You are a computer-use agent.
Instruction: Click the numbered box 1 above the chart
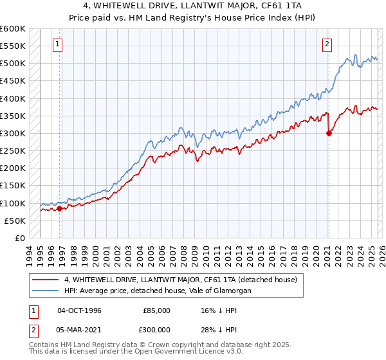[58, 44]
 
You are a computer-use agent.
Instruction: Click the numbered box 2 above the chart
[327, 44]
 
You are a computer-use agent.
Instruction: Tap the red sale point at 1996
[60, 208]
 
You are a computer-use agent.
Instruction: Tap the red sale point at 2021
[329, 134]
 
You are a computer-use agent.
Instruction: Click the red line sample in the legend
[45, 280]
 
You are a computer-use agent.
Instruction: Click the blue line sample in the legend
[45, 291]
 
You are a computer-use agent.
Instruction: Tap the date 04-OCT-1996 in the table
[79, 310]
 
